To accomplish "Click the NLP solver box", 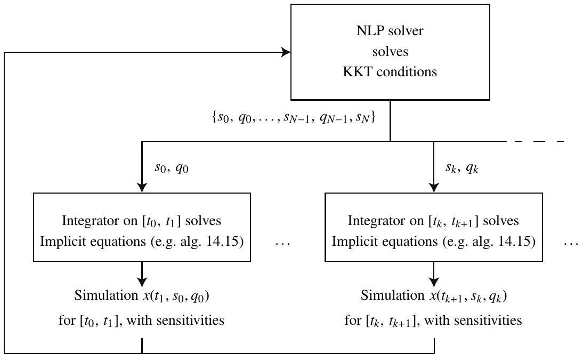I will (390, 52).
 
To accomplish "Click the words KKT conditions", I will (390, 72).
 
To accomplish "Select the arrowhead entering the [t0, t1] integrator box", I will (142, 188).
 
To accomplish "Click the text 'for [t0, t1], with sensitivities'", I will (142, 320).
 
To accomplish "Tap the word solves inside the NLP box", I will (390, 52).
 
